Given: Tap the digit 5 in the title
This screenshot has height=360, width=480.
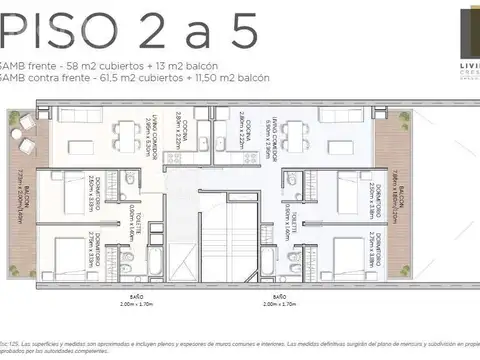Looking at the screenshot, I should pyautogui.click(x=243, y=32).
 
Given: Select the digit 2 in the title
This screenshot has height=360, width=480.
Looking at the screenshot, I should pyautogui.click(x=163, y=32).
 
